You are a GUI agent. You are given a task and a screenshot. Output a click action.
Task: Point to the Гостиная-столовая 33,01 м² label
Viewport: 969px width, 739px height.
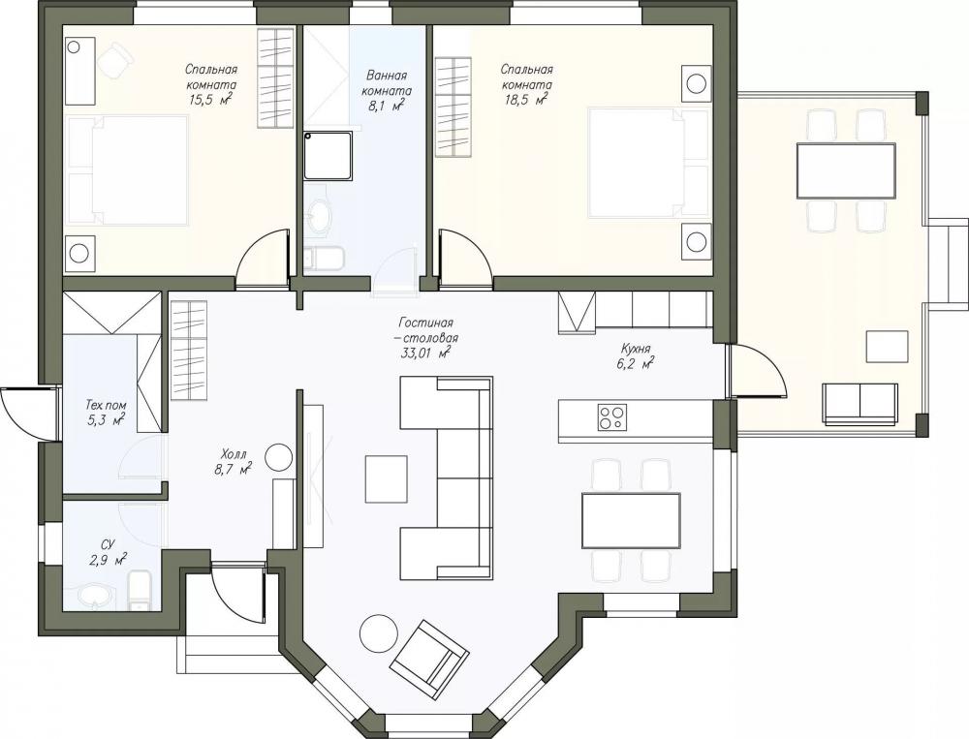click(425, 338)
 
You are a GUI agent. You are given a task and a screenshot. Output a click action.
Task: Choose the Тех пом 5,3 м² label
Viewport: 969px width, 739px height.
click(106, 414)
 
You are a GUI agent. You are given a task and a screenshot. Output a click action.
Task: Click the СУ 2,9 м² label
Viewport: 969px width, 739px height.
click(109, 552)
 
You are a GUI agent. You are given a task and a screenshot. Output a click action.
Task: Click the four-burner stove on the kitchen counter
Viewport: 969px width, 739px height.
click(611, 416)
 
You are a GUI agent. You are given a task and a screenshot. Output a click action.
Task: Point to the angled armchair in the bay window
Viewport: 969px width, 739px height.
click(429, 657)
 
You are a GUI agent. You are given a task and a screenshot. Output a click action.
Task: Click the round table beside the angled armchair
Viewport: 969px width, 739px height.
click(380, 633)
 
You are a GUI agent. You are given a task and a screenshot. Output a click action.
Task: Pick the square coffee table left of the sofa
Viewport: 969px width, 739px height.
click(387, 478)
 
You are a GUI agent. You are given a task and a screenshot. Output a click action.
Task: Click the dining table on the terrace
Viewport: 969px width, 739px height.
click(846, 170)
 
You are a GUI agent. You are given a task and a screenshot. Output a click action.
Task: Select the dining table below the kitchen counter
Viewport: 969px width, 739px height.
click(631, 520)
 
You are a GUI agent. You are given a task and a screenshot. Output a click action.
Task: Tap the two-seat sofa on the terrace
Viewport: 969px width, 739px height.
click(860, 404)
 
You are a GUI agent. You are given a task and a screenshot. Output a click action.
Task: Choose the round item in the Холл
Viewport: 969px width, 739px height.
click(278, 457)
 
